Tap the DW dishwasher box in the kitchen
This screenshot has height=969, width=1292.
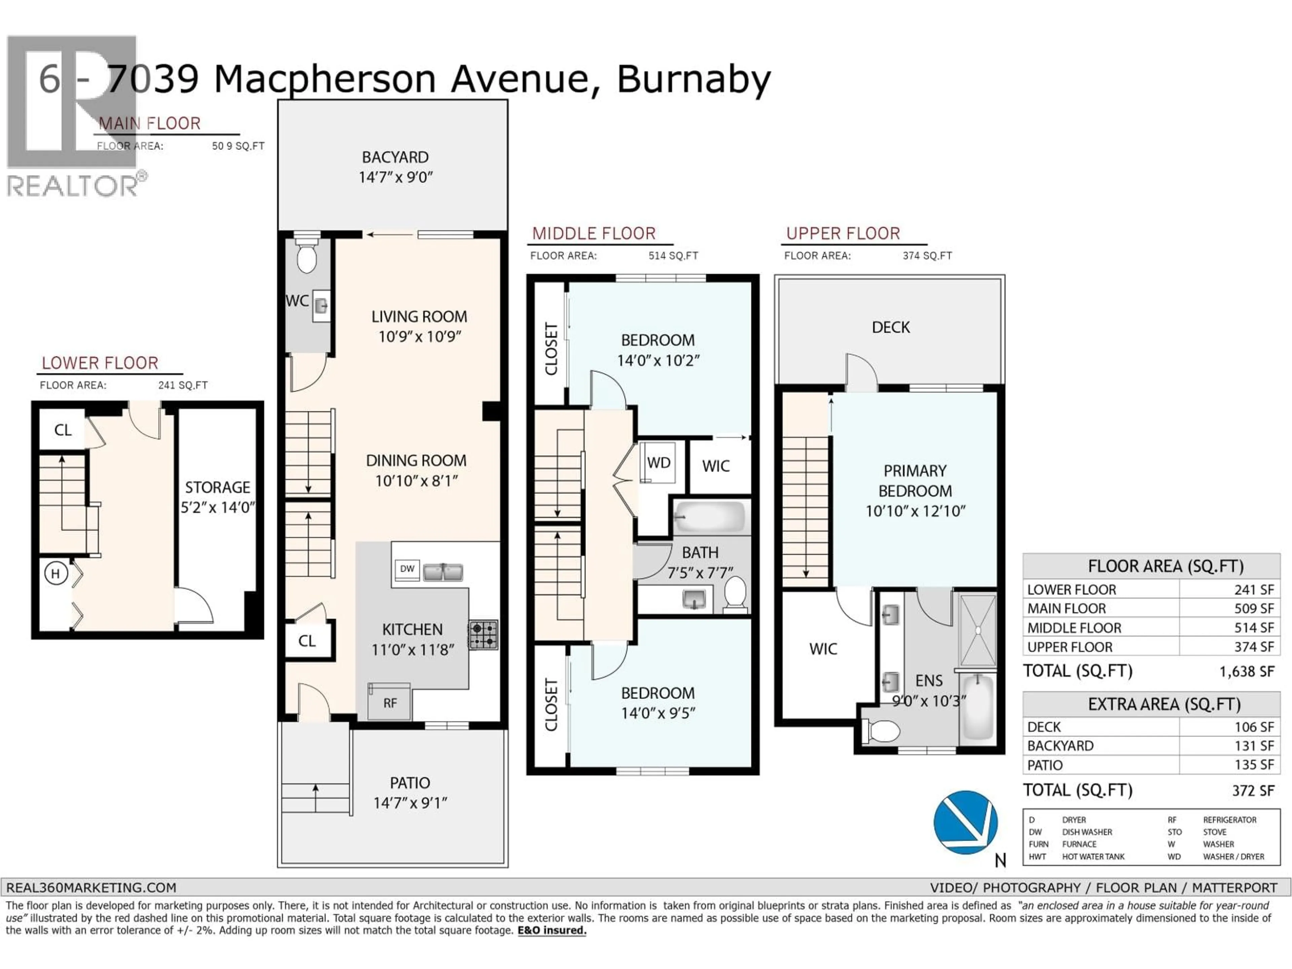pos(407,569)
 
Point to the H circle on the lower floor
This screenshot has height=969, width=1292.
pos(56,574)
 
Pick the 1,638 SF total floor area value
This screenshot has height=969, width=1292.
pos(1247,672)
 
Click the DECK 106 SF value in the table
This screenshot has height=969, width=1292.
pos(1254,727)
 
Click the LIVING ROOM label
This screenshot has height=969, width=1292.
pos(419,317)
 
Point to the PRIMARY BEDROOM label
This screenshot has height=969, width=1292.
pos(915,481)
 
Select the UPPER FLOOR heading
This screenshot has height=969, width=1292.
pos(843,234)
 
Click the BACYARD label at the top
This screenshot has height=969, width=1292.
pos(395,157)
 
